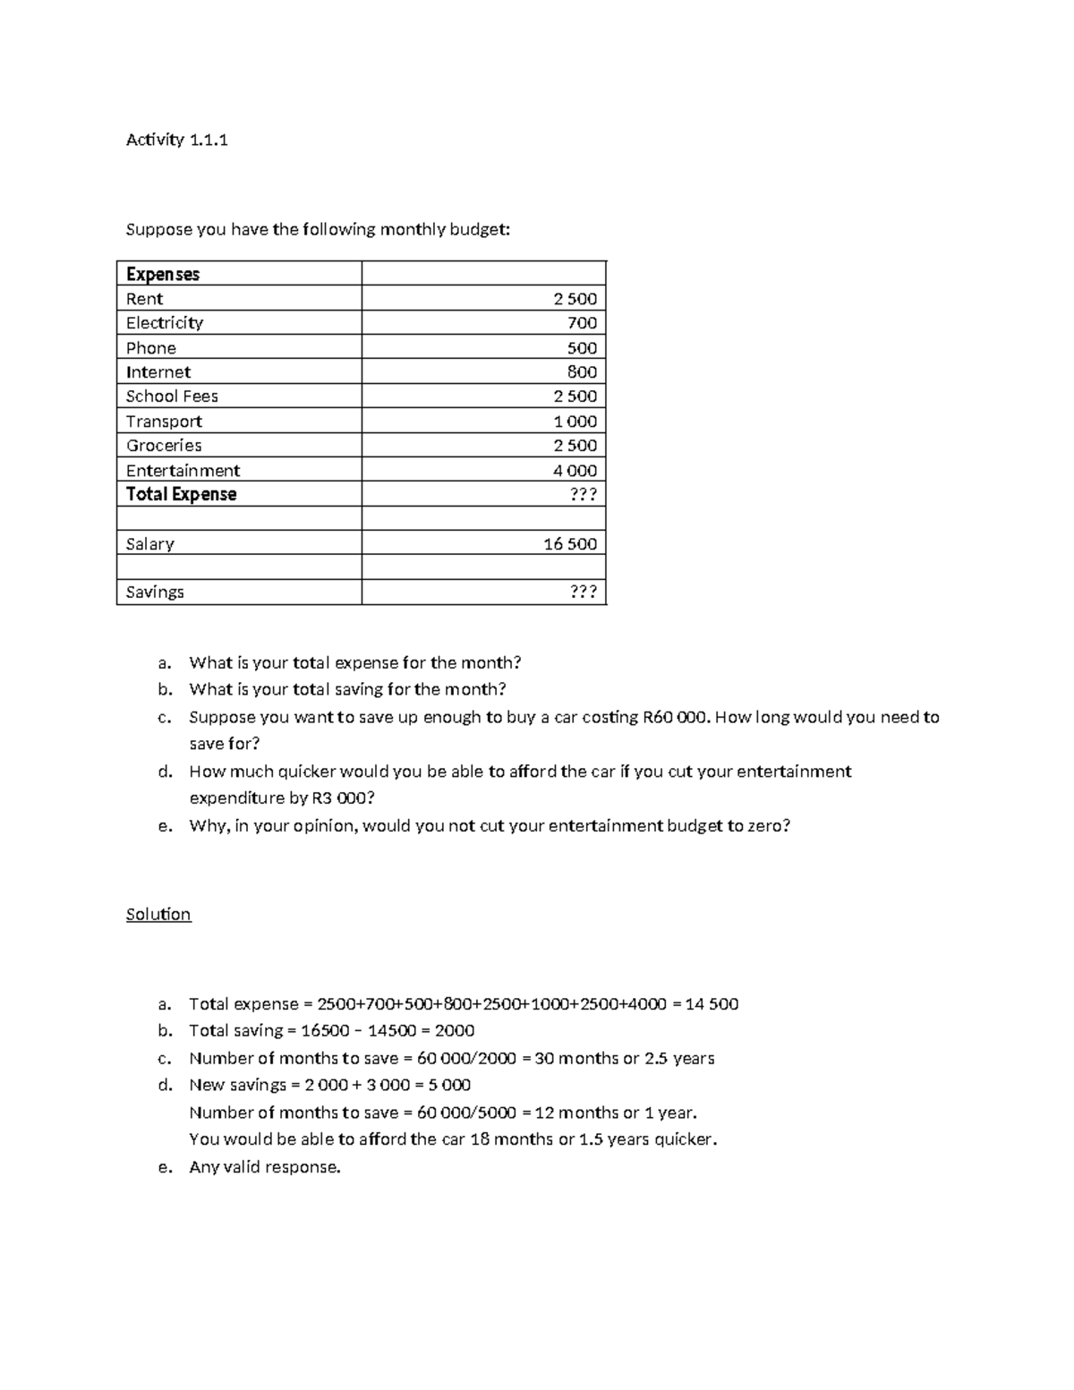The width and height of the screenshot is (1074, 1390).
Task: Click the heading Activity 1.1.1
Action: (176, 140)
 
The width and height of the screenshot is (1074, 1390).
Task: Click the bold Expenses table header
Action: (162, 274)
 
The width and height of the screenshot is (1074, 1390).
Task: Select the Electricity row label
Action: (164, 323)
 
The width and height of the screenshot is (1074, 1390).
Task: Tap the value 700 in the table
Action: (582, 323)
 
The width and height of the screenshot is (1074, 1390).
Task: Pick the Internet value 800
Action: (582, 372)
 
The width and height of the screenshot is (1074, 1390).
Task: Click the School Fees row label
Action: (172, 397)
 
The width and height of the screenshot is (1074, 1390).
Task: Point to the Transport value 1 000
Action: (575, 422)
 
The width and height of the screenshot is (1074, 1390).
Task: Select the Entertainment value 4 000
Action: (575, 471)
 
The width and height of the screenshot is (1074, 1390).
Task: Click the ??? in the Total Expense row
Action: (583, 495)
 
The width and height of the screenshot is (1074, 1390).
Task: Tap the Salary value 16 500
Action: (570, 544)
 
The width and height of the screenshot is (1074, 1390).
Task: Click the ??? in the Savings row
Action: (583, 593)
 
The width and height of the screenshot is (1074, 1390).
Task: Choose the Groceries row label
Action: (164, 446)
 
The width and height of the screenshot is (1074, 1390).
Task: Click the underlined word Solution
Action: (158, 915)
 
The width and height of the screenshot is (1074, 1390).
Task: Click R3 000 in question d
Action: (343, 798)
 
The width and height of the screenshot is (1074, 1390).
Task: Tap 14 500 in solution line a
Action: (712, 1004)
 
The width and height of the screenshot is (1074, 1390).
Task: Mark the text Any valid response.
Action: (265, 1167)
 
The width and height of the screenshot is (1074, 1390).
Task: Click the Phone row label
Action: (150, 348)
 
